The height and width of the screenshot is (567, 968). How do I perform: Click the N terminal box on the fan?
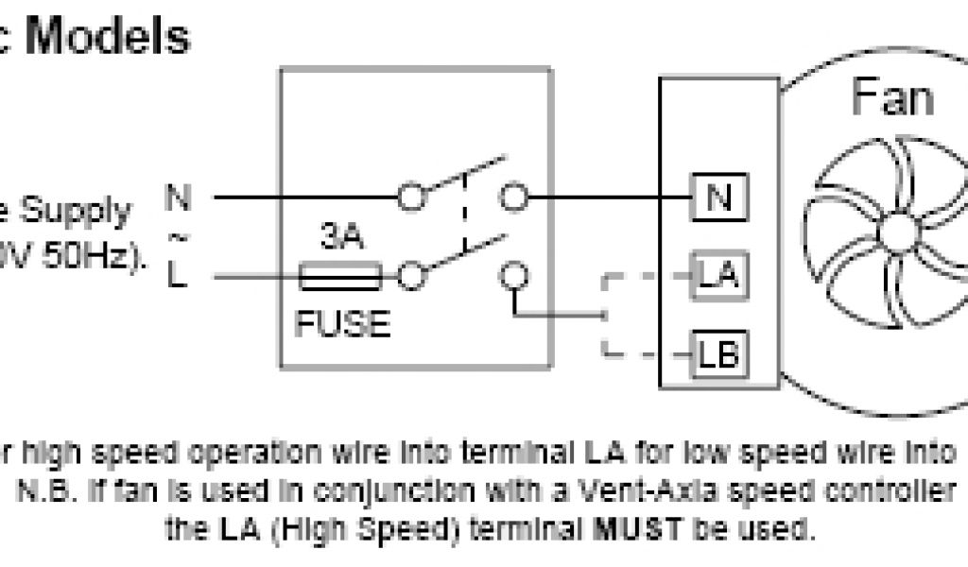(718, 199)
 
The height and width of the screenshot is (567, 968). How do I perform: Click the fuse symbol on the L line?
(340, 278)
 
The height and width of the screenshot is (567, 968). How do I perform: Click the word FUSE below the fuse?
(341, 324)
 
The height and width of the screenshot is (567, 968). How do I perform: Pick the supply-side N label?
(177, 198)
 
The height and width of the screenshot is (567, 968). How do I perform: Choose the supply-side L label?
(177, 278)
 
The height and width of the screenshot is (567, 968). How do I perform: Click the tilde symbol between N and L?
(177, 237)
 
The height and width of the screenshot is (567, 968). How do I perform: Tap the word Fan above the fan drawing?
(892, 97)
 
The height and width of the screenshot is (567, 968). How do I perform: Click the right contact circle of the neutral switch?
(513, 198)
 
